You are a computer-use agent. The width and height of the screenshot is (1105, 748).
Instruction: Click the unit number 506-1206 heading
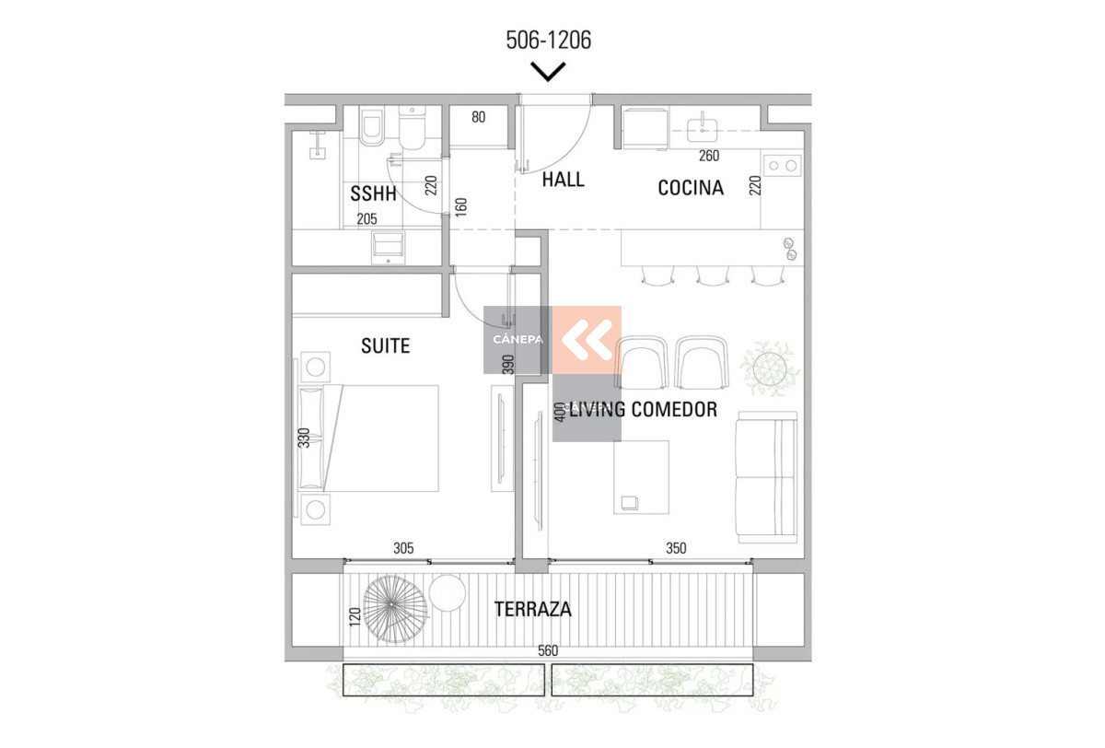548,41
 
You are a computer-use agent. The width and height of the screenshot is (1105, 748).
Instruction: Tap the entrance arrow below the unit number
548,71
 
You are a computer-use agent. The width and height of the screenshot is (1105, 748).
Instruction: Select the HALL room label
563,180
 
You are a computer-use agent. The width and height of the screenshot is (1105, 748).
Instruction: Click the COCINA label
691,188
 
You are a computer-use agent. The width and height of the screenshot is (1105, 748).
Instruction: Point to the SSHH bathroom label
373,194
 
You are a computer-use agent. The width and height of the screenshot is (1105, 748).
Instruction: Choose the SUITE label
385,346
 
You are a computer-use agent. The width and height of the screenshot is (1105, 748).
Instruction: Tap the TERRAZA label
532,609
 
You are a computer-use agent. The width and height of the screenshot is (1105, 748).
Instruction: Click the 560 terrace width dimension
548,650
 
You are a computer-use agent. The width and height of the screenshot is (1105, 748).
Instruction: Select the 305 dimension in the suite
403,548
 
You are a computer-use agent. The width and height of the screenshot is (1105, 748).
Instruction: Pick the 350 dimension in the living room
676,548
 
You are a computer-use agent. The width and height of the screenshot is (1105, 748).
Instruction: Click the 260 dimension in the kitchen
709,156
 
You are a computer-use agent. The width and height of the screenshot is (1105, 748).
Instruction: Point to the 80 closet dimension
479,117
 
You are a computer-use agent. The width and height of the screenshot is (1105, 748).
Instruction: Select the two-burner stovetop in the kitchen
782,166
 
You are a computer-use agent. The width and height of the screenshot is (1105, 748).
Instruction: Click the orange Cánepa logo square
587,339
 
